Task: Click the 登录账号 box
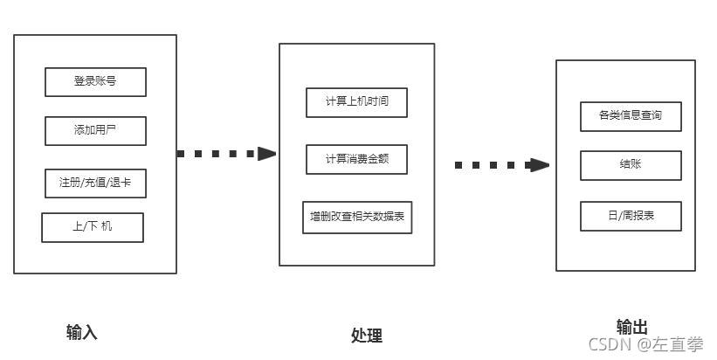click(95, 82)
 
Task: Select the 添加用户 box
click(95, 131)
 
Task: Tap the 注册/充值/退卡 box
click(95, 183)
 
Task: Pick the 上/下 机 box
click(92, 227)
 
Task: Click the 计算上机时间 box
click(356, 102)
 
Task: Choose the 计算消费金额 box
click(356, 159)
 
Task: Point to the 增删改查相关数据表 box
click(356, 217)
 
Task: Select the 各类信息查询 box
click(630, 115)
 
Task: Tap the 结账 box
click(630, 165)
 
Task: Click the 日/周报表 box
click(630, 216)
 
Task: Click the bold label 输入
click(81, 332)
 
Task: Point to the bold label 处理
click(366, 336)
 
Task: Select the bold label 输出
click(631, 327)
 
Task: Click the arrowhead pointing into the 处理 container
click(266, 154)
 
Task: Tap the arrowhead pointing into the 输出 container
click(541, 165)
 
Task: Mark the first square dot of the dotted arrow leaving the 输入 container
click(181, 154)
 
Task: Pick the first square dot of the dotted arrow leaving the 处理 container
click(459, 165)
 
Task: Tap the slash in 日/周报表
click(619, 216)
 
